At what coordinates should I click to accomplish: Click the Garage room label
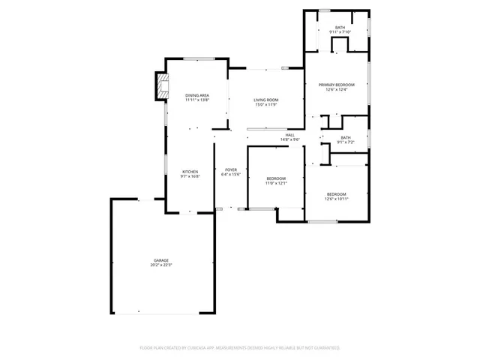click(161, 260)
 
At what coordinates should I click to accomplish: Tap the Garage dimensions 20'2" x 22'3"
click(161, 265)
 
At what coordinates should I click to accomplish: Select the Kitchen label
click(190, 172)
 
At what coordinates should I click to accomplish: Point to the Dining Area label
click(197, 95)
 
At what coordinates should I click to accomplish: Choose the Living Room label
click(265, 100)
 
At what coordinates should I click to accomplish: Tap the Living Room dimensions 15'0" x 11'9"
click(265, 104)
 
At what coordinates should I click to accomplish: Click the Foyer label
click(231, 170)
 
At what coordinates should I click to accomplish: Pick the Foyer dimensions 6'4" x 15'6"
click(231, 175)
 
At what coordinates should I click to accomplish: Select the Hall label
click(289, 135)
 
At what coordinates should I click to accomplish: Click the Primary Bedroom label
click(335, 85)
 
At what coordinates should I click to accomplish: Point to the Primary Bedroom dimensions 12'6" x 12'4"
click(335, 90)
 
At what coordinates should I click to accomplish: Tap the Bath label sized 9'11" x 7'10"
click(340, 28)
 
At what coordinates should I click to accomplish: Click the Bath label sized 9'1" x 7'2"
click(345, 137)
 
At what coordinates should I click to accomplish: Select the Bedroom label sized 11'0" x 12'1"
click(276, 178)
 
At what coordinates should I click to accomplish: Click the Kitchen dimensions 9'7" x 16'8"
click(190, 176)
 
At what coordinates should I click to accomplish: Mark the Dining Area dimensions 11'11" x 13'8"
click(197, 100)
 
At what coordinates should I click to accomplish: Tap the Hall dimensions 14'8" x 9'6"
click(289, 139)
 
